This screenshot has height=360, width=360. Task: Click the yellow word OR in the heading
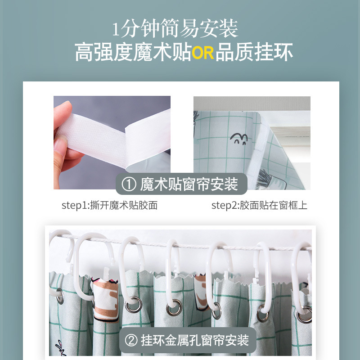203,53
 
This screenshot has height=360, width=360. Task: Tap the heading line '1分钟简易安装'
175,29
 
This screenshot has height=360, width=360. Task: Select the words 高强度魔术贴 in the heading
133,53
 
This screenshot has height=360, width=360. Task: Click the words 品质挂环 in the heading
254,53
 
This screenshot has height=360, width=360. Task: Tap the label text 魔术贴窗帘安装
189,184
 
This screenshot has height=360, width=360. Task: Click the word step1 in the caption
74,206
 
